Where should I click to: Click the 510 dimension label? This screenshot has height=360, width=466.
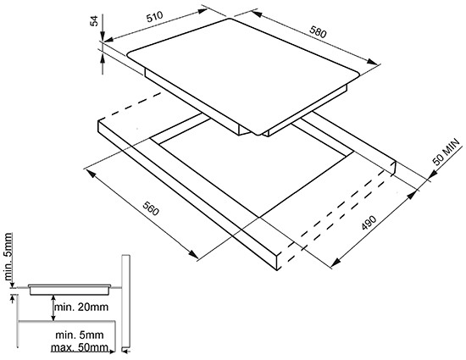(x=155, y=17)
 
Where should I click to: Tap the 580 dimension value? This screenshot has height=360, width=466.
(x=318, y=32)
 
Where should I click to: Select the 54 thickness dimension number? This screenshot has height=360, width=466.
(x=94, y=21)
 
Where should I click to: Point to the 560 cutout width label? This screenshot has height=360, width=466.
(x=151, y=208)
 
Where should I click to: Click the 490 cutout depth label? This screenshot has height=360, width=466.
(x=369, y=223)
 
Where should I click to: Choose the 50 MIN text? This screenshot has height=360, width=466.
(x=447, y=152)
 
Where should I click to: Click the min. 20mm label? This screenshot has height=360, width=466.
(x=80, y=307)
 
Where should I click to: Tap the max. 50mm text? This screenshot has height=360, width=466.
(x=80, y=347)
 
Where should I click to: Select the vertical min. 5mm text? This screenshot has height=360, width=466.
(x=8, y=257)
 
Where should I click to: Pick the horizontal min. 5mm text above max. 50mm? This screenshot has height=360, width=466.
(x=80, y=335)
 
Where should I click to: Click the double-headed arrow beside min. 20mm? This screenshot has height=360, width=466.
(x=53, y=308)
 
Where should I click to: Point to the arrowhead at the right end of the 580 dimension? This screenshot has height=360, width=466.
(x=373, y=62)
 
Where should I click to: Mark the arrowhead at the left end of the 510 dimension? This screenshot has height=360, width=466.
(x=108, y=40)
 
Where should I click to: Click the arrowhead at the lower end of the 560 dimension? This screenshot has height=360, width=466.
(x=193, y=254)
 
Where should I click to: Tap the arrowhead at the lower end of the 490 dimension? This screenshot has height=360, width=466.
(x=336, y=262)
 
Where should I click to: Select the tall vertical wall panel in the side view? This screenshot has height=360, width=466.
(x=125, y=302)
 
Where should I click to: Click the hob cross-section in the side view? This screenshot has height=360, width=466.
(x=69, y=290)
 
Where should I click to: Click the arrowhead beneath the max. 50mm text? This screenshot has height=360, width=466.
(x=112, y=352)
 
